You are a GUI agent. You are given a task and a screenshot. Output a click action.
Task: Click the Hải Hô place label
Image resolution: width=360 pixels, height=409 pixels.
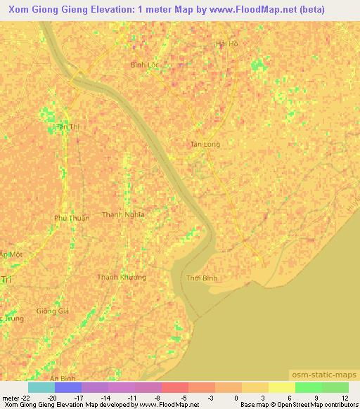(227, 44)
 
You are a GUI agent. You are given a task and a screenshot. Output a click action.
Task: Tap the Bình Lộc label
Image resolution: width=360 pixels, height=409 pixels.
(146, 64)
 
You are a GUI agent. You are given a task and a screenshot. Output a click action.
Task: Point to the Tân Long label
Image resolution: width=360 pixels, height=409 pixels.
(205, 144)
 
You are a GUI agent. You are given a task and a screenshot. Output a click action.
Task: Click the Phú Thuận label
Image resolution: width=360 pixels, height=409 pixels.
(72, 218)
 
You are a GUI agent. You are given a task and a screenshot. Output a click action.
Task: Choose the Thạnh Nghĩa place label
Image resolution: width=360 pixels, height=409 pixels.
(123, 214)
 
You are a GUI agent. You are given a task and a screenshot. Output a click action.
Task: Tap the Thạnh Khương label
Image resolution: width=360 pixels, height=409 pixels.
(122, 277)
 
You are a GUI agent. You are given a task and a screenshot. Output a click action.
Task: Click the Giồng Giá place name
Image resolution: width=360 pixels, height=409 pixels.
(51, 311)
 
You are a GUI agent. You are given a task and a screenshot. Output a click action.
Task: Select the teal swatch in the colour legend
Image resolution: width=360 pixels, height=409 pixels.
(41, 387)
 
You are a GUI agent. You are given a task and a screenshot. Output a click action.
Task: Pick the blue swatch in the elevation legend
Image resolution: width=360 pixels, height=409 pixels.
(68, 387)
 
